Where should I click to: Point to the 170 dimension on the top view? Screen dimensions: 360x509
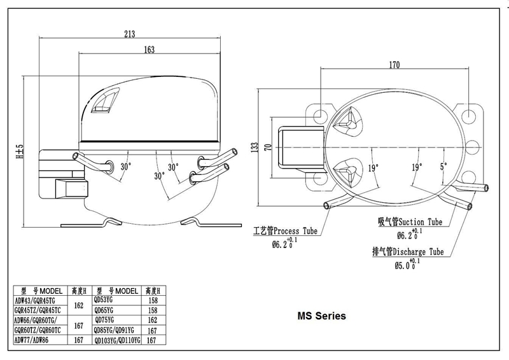coord(394,64)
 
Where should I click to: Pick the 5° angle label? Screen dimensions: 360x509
coord(443,167)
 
